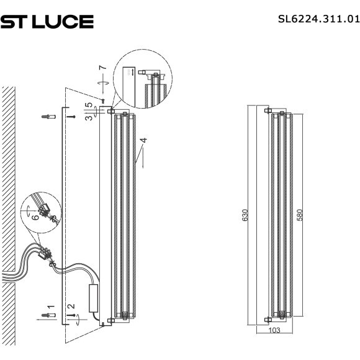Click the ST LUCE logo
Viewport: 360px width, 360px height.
click(x=47, y=22)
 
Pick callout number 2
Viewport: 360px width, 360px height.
click(x=71, y=306)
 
